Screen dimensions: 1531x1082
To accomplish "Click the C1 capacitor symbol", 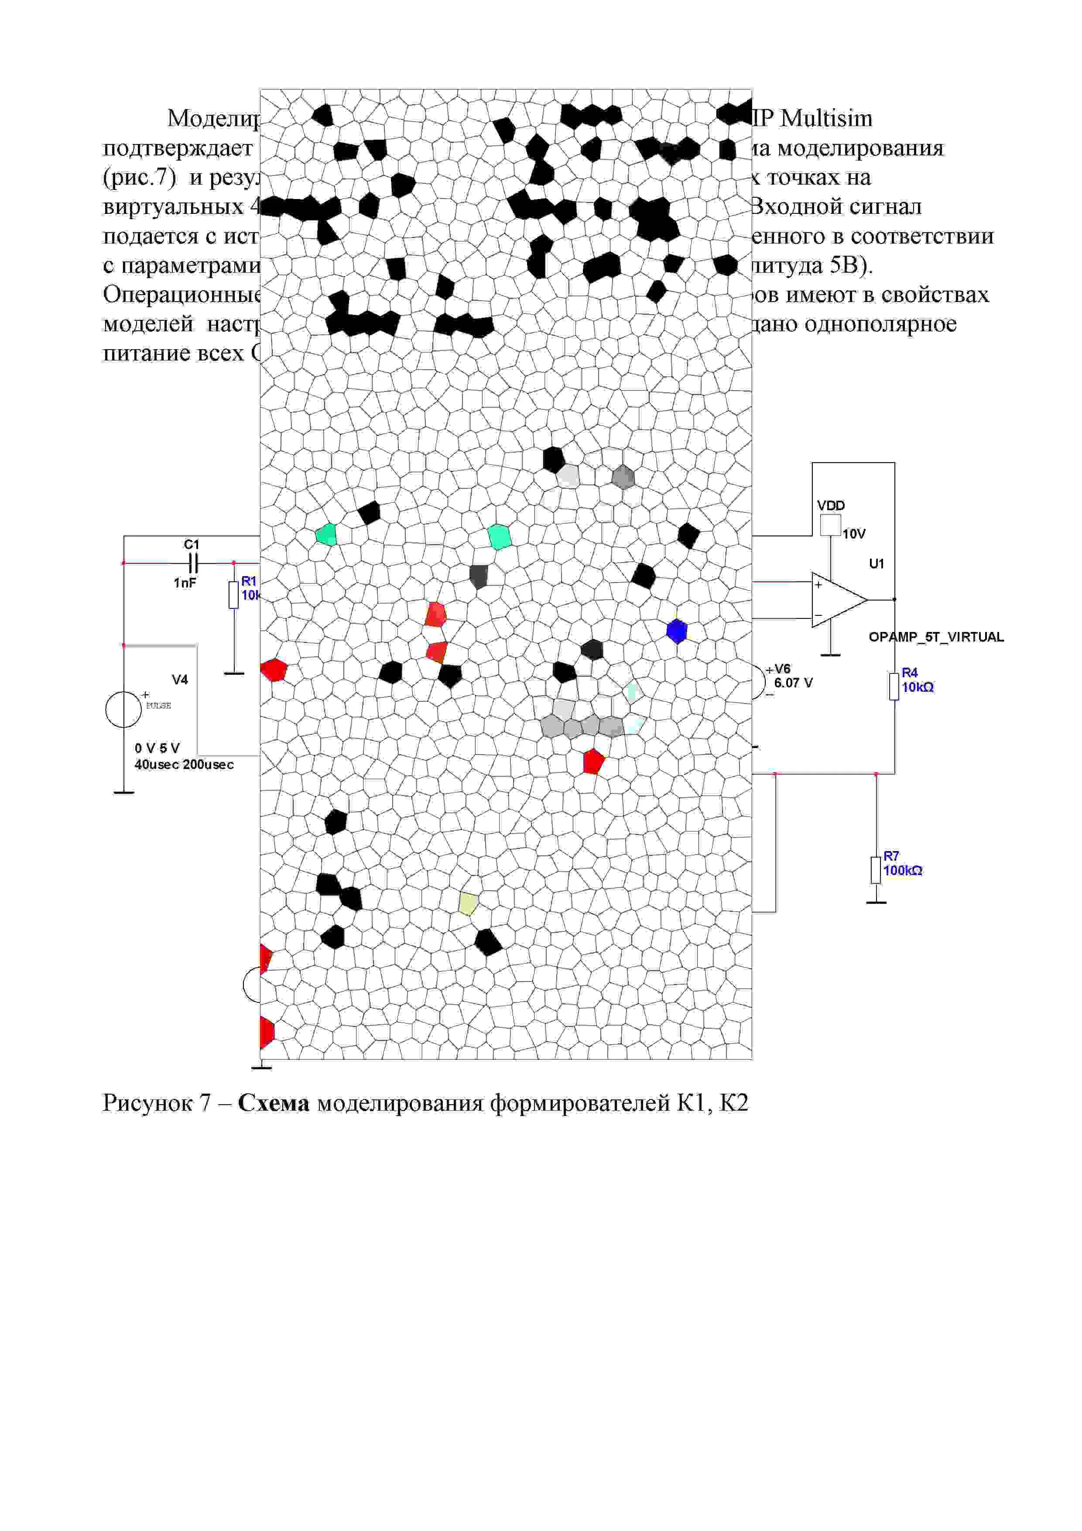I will pyautogui.click(x=192, y=563).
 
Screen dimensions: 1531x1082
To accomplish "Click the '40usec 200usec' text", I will pyautogui.click(x=184, y=765).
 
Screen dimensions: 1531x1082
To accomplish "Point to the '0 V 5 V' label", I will pyautogui.click(x=158, y=748).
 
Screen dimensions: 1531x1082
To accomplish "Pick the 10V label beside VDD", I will pyautogui.click(x=853, y=534).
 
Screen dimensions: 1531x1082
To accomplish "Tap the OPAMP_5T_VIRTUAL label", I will pyautogui.click(x=935, y=637).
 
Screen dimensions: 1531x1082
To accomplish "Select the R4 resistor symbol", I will pyautogui.click(x=894, y=686).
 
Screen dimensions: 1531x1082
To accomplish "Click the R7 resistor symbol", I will pyautogui.click(x=876, y=869).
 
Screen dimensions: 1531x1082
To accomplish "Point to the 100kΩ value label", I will pyautogui.click(x=903, y=871).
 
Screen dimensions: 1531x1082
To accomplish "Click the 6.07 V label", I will pyautogui.click(x=793, y=683).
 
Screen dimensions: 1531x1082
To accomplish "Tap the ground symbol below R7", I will pyautogui.click(x=876, y=902).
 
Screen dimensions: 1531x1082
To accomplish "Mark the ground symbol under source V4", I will pyautogui.click(x=124, y=792).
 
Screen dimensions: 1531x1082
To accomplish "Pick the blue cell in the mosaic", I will pyautogui.click(x=677, y=631).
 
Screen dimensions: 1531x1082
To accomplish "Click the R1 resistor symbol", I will pyautogui.click(x=233, y=595).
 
